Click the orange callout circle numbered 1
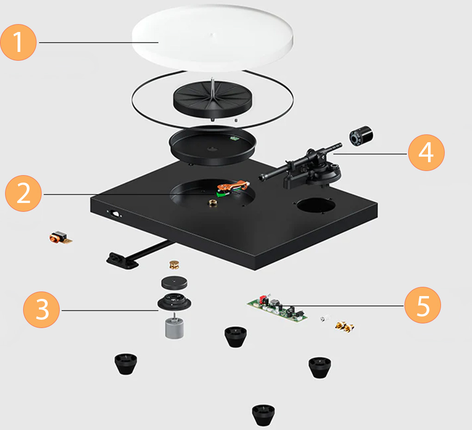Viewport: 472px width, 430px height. tap(19, 42)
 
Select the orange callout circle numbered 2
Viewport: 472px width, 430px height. tap(24, 195)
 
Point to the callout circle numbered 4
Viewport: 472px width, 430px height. tap(426, 153)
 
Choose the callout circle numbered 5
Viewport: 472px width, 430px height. tap(422, 306)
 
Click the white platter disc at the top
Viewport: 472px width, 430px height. tap(213, 39)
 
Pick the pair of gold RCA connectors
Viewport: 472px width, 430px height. tap(345, 327)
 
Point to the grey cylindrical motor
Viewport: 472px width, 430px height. tap(175, 327)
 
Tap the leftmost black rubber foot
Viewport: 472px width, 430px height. tap(126, 364)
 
